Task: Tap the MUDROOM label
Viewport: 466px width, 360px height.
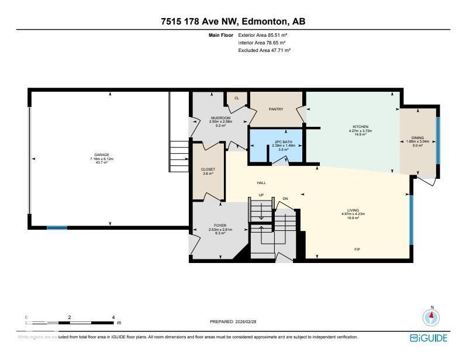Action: (221, 118)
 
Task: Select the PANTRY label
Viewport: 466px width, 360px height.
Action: (276, 109)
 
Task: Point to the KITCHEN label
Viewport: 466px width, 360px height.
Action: (360, 127)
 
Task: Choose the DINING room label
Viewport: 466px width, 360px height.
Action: (417, 139)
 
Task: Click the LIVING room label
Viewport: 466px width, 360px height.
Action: (353, 210)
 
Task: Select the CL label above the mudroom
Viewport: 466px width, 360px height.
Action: (237, 98)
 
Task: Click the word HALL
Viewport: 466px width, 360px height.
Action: (261, 183)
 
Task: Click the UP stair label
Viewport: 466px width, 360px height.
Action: (261, 195)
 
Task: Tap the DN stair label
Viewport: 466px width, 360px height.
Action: (285, 199)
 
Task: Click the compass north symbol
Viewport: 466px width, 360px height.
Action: (432, 317)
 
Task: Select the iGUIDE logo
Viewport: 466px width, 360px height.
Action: (429, 338)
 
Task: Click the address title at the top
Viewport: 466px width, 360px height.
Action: (233, 22)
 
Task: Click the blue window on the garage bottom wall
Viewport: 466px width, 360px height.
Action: (57, 228)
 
